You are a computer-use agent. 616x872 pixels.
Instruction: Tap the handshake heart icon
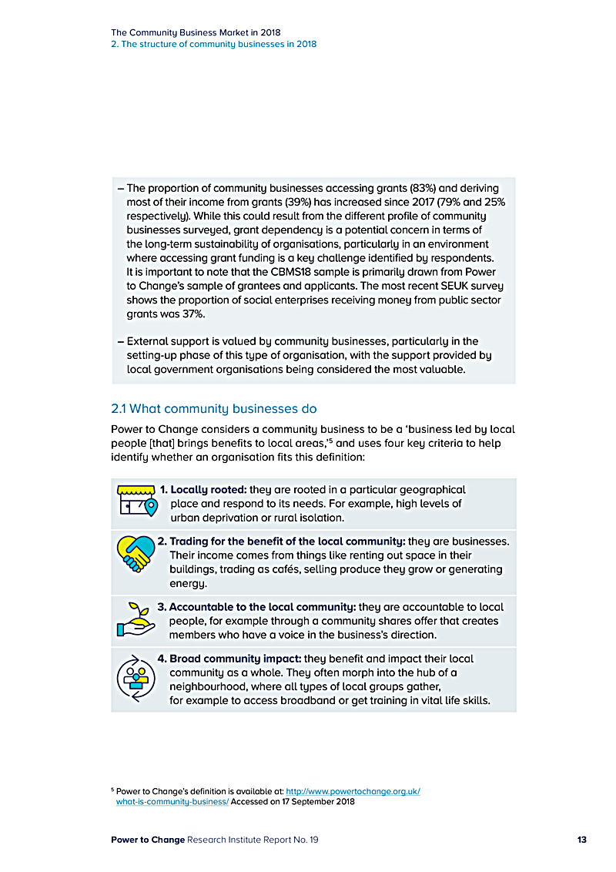click(135, 553)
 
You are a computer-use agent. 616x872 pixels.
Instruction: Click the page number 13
click(581, 840)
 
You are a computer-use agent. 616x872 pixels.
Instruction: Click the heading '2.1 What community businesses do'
click(213, 408)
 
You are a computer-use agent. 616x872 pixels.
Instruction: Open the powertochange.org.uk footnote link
click(353, 791)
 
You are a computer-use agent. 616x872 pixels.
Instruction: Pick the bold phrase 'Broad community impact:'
click(235, 659)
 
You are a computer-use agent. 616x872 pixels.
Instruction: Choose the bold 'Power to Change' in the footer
click(148, 840)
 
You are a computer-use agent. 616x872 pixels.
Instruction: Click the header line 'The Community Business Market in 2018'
click(196, 32)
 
